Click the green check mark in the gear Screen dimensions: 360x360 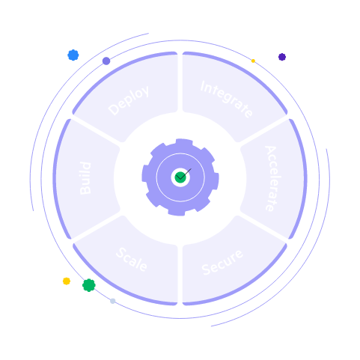pyautogui.click(x=180, y=177)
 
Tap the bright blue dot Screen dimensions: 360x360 pyautogui.click(x=73, y=55)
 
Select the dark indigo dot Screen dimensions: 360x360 pyautogui.click(x=282, y=57)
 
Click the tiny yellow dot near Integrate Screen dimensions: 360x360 pyautogui.click(x=253, y=61)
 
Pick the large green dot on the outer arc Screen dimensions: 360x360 pyautogui.click(x=88, y=285)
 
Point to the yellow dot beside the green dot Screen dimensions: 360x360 pyautogui.click(x=66, y=281)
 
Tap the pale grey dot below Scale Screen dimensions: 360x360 pyautogui.click(x=113, y=301)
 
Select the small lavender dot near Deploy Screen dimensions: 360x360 pyautogui.click(x=106, y=61)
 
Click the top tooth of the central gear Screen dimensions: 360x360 pyautogui.click(x=180, y=143)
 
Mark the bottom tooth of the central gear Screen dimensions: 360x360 pyautogui.click(x=180, y=212)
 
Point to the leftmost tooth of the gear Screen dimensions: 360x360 pyautogui.click(x=146, y=177)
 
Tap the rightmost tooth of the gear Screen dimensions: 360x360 pyautogui.click(x=215, y=177)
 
